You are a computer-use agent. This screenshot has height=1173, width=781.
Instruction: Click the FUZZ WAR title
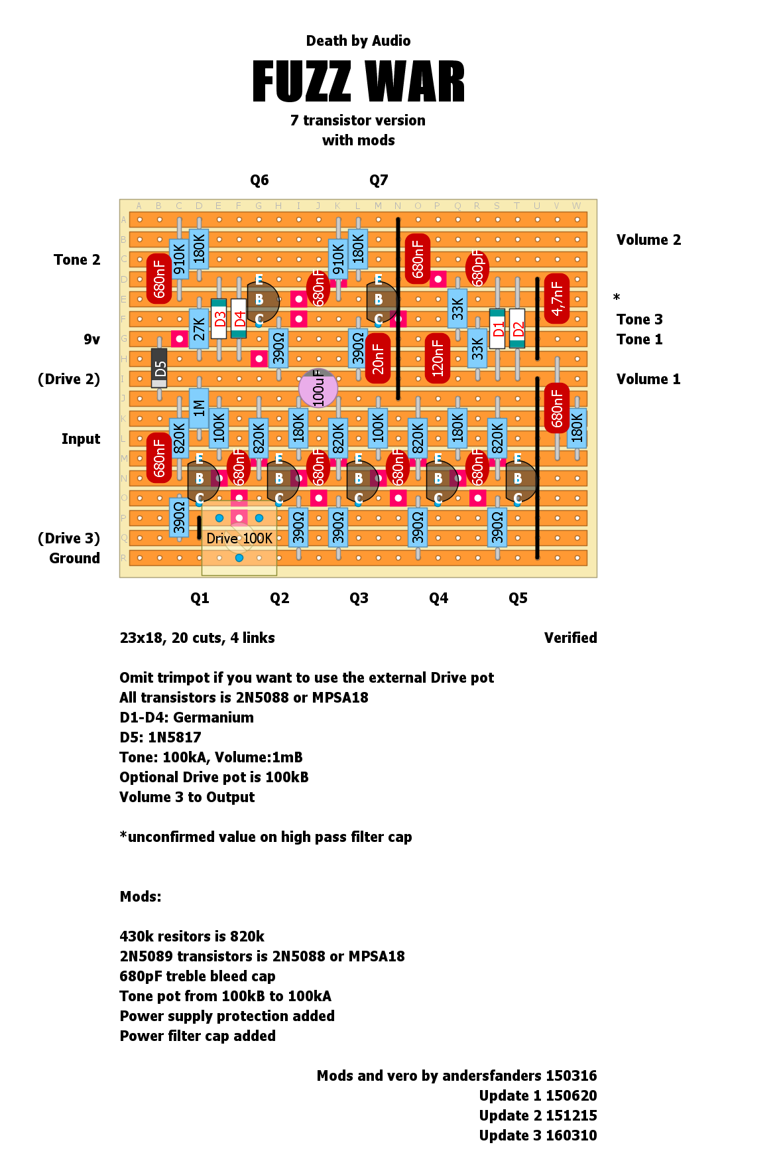[x=358, y=82]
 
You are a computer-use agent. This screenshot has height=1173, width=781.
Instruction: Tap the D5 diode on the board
[x=159, y=368]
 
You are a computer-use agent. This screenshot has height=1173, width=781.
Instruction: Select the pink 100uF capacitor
[x=318, y=388]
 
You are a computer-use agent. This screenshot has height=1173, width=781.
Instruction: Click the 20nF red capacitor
[x=378, y=358]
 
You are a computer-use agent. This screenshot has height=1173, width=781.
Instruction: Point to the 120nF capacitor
[x=438, y=358]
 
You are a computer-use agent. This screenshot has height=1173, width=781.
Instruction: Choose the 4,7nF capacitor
[x=557, y=299]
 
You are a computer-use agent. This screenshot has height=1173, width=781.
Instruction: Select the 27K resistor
[x=199, y=328]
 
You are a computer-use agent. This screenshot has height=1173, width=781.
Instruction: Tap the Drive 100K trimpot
[x=239, y=538]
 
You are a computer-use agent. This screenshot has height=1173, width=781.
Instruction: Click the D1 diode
[x=497, y=328]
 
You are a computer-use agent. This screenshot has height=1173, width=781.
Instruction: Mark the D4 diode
[x=239, y=318]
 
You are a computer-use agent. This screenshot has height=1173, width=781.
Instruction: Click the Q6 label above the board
[x=259, y=180]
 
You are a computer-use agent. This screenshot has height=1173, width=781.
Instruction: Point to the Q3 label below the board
[x=359, y=598]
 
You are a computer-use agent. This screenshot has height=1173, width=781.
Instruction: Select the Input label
[x=81, y=439]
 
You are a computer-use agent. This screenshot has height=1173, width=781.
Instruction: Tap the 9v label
[x=91, y=340]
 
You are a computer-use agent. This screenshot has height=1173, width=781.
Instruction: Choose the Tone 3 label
[x=639, y=320]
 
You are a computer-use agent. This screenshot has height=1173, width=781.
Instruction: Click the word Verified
[x=570, y=638]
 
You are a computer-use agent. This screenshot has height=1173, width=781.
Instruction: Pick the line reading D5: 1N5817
[x=160, y=738]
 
